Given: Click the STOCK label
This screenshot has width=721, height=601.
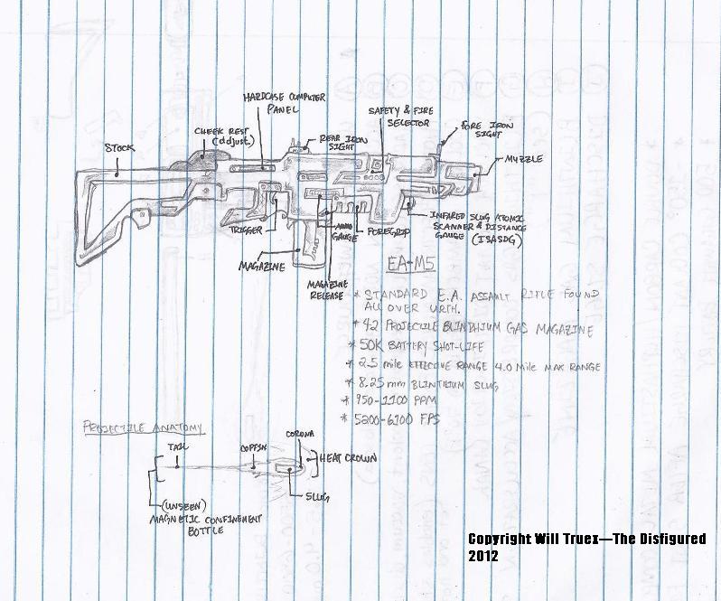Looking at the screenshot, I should [118, 147].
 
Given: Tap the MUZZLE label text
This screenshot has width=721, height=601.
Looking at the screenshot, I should [524, 159].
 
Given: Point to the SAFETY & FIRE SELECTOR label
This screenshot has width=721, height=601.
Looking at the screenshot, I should [399, 115].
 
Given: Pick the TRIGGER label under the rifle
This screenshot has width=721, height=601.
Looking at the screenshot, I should [246, 230].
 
